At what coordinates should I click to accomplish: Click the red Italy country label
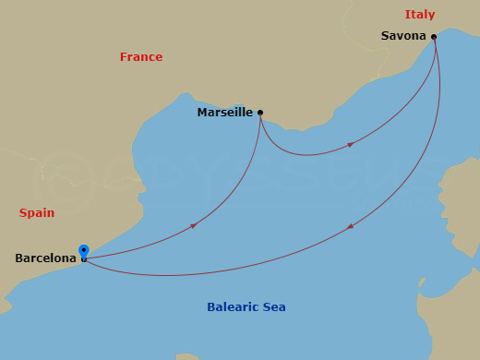click(x=419, y=15)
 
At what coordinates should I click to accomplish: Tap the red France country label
click(x=140, y=57)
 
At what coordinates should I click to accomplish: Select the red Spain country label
click(x=37, y=213)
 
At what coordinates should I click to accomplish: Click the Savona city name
click(x=403, y=36)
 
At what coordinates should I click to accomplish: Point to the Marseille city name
click(x=224, y=113)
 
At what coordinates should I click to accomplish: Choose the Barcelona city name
click(x=45, y=258)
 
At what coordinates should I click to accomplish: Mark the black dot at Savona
click(x=434, y=37)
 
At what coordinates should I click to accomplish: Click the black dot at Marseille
click(x=260, y=113)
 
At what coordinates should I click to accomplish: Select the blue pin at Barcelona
click(x=84, y=252)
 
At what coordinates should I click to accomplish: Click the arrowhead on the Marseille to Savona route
click(x=351, y=144)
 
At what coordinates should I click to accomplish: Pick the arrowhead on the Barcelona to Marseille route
click(x=193, y=225)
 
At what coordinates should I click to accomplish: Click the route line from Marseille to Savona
click(x=305, y=154)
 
